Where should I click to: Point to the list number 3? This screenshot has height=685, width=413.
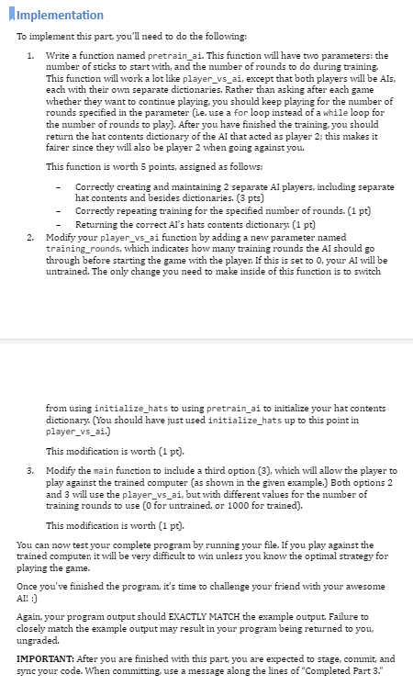(x=31, y=470)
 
